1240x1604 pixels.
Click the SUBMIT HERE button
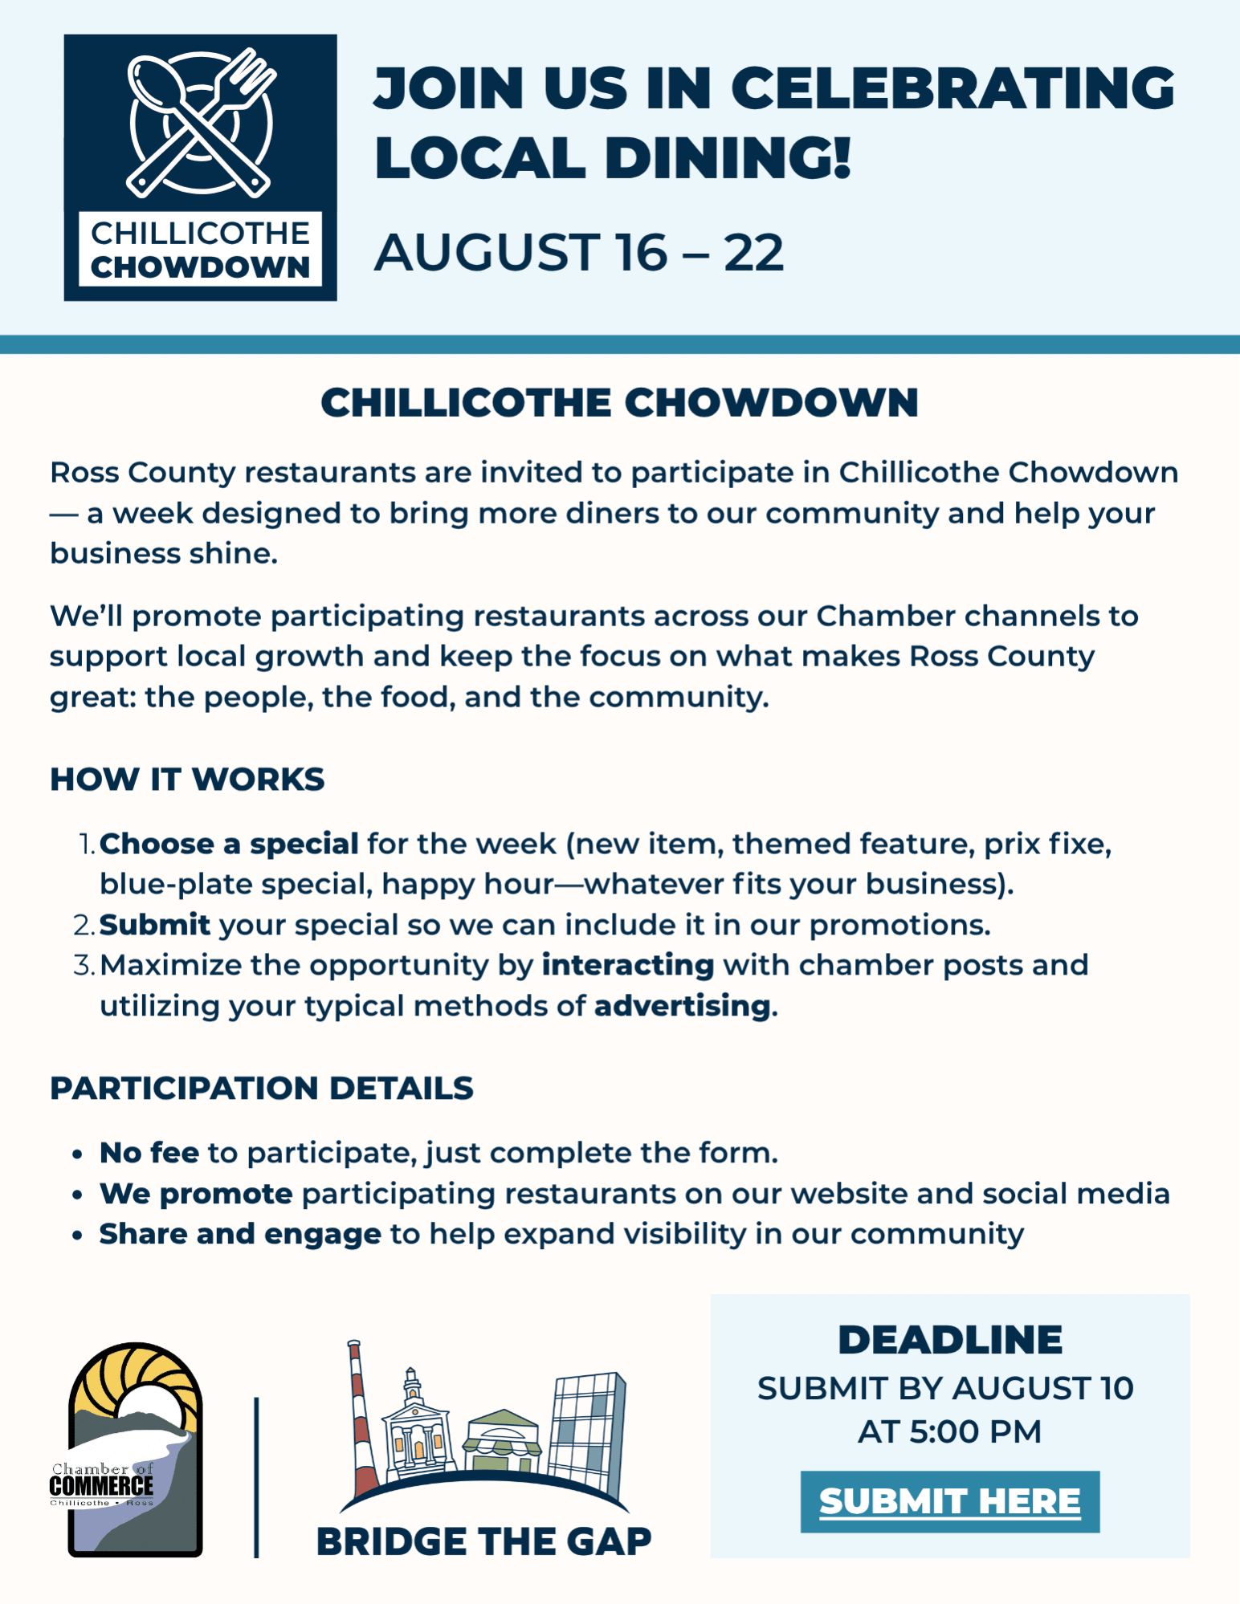(x=949, y=1501)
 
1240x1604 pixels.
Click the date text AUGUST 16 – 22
(x=578, y=252)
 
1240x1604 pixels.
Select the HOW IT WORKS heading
(x=187, y=780)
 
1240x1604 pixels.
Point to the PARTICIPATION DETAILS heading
(x=262, y=1088)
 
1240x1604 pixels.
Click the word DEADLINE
(x=950, y=1339)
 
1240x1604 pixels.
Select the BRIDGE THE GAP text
(x=483, y=1541)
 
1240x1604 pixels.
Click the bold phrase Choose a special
(x=229, y=844)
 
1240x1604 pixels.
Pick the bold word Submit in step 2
(x=155, y=925)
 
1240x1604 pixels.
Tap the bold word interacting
(x=628, y=965)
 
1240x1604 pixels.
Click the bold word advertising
(x=683, y=1006)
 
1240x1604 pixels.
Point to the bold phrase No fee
(x=149, y=1153)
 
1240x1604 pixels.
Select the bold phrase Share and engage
(x=240, y=1234)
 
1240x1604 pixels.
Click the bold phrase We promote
(x=196, y=1194)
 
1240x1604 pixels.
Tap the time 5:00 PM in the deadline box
(x=975, y=1431)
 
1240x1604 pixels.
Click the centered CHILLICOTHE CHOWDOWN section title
(x=619, y=402)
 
